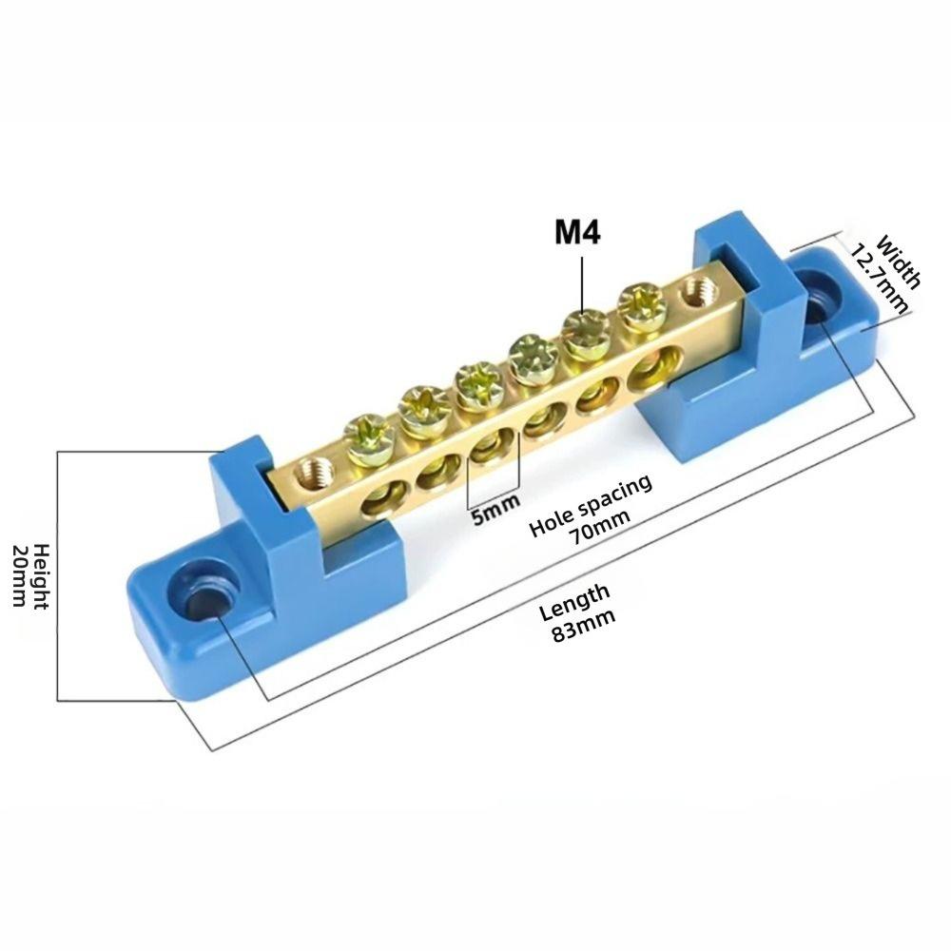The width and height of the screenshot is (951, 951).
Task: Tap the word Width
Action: click(x=899, y=262)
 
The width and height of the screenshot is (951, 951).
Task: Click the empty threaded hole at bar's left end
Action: click(x=310, y=468)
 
